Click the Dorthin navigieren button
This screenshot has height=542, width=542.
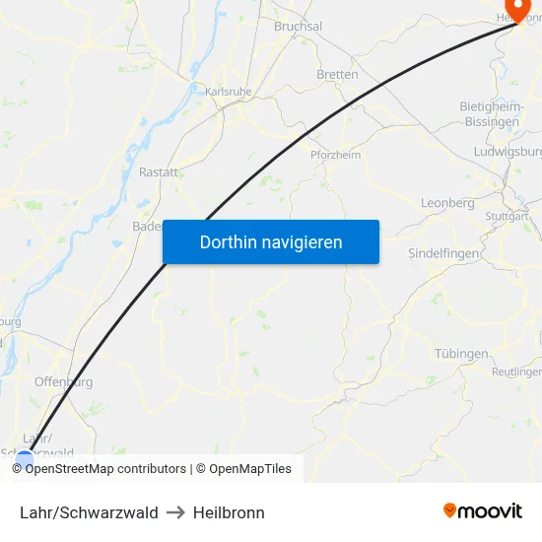pyautogui.click(x=270, y=241)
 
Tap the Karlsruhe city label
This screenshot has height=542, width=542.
pyautogui.click(x=228, y=92)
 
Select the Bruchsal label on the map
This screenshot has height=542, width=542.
pyautogui.click(x=298, y=27)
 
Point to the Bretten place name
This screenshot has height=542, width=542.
pyautogui.click(x=337, y=75)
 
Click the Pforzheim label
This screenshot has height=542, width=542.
pyautogui.click(x=335, y=156)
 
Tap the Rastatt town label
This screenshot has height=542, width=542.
pyautogui.click(x=159, y=171)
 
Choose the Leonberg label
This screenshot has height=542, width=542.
pyautogui.click(x=447, y=203)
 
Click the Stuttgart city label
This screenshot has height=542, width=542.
pyautogui.click(x=508, y=216)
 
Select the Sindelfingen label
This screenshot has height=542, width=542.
pyautogui.click(x=443, y=253)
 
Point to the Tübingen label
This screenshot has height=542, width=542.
pyautogui.click(x=461, y=354)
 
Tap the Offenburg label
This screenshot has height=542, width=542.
pyautogui.click(x=63, y=381)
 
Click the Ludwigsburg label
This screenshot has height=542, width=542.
pyautogui.click(x=508, y=152)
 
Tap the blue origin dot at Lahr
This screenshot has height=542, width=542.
pyautogui.click(x=25, y=458)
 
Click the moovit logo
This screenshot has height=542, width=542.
pyautogui.click(x=483, y=510)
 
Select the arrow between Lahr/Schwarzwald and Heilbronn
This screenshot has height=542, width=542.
pyautogui.click(x=175, y=512)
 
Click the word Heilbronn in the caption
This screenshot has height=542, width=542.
pyautogui.click(x=229, y=512)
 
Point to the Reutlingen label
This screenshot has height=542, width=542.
pyautogui.click(x=516, y=372)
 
